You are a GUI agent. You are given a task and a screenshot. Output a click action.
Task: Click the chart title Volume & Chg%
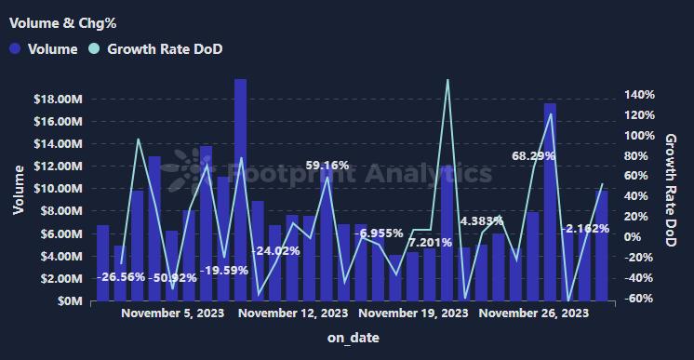click(x=56, y=20)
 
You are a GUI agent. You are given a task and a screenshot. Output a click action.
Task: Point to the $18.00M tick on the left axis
click(x=61, y=99)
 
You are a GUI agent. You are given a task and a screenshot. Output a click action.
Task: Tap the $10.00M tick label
click(x=61, y=189)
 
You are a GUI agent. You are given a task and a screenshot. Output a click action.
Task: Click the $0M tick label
click(x=72, y=301)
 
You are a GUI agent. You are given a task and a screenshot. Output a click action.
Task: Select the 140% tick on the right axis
click(x=641, y=95)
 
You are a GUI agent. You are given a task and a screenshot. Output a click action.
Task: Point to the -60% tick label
click(x=641, y=299)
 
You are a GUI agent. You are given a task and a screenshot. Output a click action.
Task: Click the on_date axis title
click(x=353, y=339)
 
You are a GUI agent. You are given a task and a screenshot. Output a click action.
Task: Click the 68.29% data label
click(x=533, y=155)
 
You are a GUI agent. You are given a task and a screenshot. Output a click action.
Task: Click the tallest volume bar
click(x=240, y=186)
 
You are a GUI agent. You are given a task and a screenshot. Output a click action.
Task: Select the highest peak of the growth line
click(x=447, y=80)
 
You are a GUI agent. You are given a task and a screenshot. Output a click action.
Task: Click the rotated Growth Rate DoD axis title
click(x=671, y=191)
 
